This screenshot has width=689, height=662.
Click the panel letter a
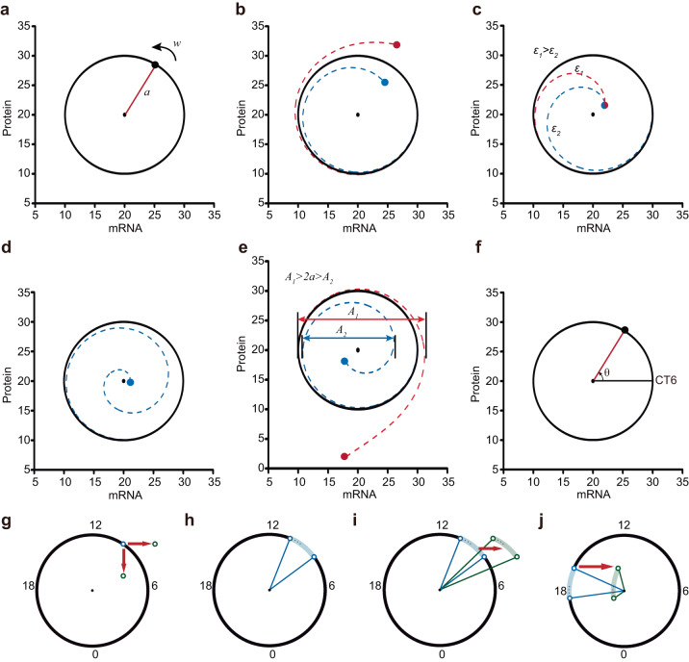click(8, 9)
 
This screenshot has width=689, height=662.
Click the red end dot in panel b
click(396, 44)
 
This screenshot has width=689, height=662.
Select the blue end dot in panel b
click(385, 83)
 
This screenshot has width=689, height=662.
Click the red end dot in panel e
click(344, 456)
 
